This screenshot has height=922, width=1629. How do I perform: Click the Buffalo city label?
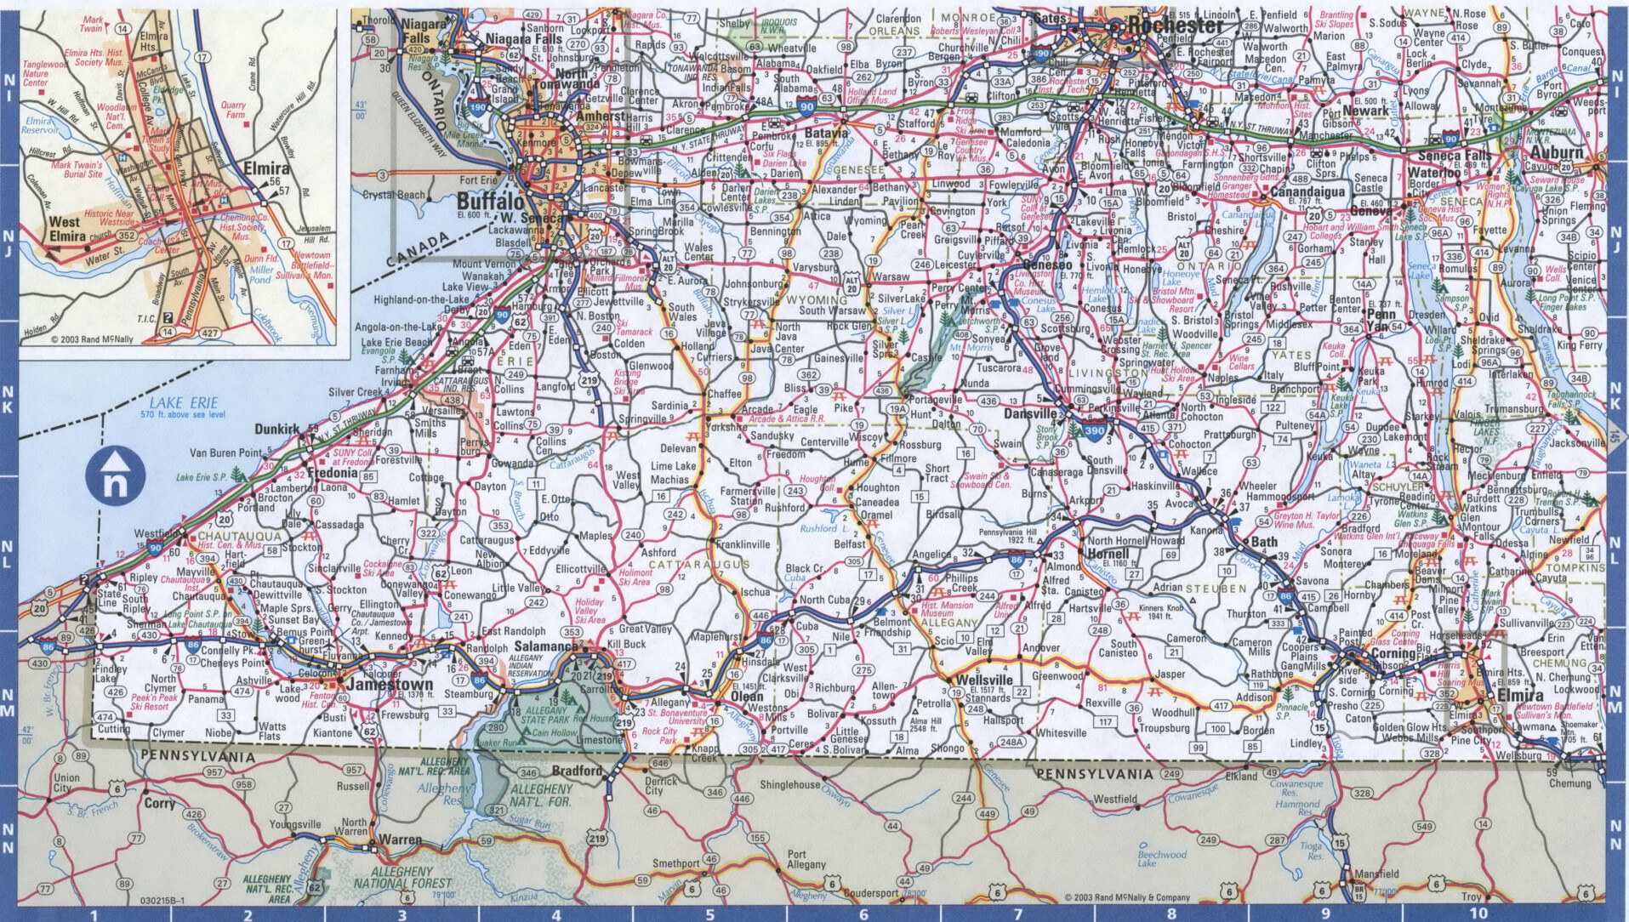pyautogui.click(x=490, y=202)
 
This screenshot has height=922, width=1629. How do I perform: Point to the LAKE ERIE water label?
pyautogui.click(x=181, y=402)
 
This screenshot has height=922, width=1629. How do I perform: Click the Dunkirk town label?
pyautogui.click(x=277, y=430)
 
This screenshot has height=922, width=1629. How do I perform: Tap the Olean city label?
pyautogui.click(x=748, y=696)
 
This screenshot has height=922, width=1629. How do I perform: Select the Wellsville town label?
pyautogui.click(x=984, y=680)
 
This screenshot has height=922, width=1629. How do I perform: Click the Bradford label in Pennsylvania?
pyautogui.click(x=577, y=771)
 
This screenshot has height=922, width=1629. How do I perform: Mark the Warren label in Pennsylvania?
pyautogui.click(x=400, y=839)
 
